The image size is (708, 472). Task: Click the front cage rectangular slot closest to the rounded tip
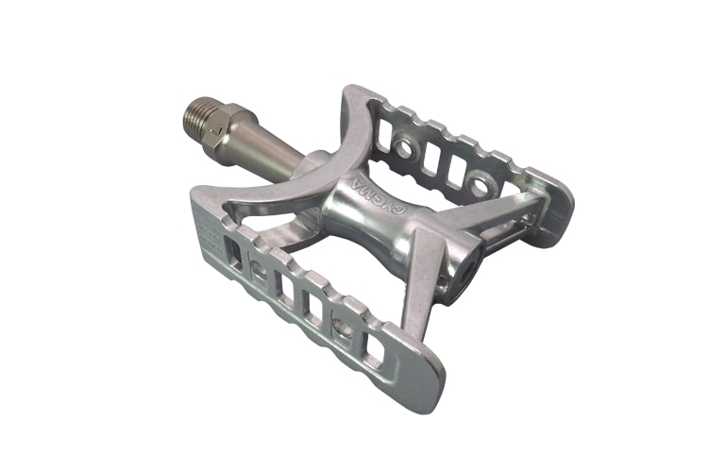click(373, 350)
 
